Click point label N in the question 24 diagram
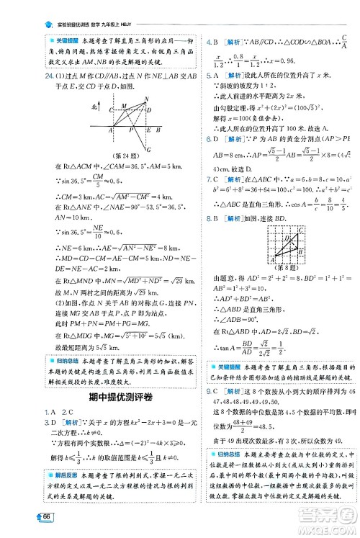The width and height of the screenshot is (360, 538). pyautogui.click(x=146, y=98)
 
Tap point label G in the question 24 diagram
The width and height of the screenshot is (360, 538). pyautogui.click(x=148, y=151)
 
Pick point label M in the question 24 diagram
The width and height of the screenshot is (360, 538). pyautogui.click(x=123, y=105)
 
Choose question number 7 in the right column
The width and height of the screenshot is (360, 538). pyautogui.click(x=208, y=178)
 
